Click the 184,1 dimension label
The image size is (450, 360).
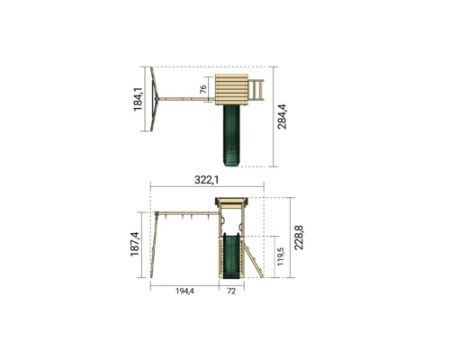coord(138,99)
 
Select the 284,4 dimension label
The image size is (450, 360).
coord(282,117)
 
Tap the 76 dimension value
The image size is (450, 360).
coord(203,89)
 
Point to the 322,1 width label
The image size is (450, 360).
coord(207,180)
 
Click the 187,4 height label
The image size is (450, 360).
coord(135,244)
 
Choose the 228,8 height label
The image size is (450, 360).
coord(299,238)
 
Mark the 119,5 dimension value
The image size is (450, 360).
coord(280,256)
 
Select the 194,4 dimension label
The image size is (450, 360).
coord(184,291)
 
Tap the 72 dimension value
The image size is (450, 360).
coord(231,291)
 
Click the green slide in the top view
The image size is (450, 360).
coord(231,136)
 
